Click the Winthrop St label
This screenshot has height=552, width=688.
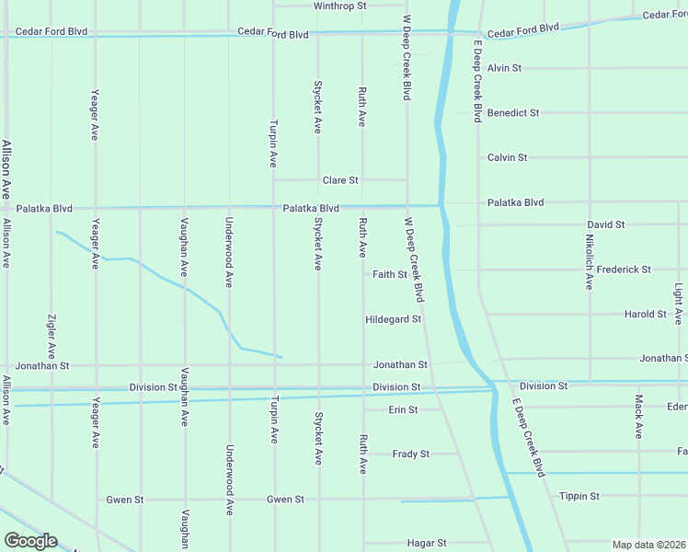339,6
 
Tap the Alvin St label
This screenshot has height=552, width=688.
504,68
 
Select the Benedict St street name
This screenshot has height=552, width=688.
513,113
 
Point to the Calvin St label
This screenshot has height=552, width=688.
507,157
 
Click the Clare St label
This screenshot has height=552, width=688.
339,180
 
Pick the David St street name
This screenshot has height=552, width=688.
606,224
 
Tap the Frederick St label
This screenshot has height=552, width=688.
624,270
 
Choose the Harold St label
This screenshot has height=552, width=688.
645,314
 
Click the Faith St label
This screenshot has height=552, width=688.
390,274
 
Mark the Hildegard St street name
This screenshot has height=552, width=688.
393,319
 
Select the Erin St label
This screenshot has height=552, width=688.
403,409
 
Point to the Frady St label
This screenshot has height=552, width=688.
410,454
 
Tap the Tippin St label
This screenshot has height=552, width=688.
579,496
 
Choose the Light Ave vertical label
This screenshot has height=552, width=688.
679,305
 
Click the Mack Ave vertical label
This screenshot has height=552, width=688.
638,417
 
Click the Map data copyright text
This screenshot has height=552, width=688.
649,545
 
